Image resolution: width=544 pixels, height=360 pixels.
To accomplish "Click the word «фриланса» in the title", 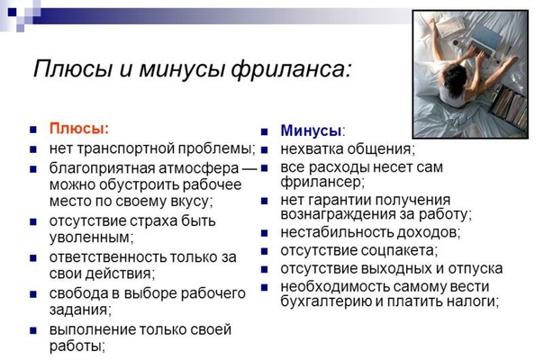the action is [291, 69].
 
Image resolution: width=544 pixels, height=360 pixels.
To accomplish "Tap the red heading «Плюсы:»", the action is [79, 129].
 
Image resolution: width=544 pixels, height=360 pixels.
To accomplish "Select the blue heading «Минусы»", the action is [311, 130].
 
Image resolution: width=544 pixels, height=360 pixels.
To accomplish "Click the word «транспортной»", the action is [126, 148].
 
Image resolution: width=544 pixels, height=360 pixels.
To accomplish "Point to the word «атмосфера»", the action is [198, 168].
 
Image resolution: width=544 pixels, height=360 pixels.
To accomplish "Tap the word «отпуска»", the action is [476, 269].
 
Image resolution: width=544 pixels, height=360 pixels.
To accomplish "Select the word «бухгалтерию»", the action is [326, 301].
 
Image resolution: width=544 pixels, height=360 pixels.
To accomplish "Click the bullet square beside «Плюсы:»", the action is [33, 130].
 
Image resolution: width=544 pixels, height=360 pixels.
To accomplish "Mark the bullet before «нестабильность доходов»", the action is [265, 233].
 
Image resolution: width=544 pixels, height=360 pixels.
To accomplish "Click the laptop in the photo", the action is [484, 40].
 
